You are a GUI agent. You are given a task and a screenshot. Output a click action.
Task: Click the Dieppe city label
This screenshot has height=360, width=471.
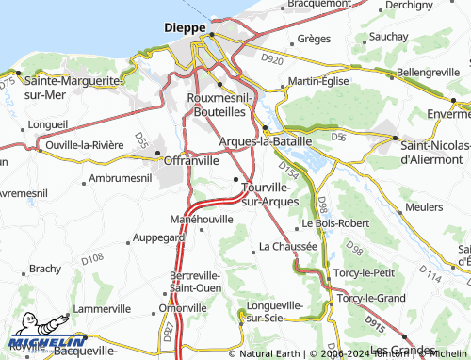(x=185, y=28)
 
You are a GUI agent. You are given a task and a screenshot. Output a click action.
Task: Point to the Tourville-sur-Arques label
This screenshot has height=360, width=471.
(x=270, y=193)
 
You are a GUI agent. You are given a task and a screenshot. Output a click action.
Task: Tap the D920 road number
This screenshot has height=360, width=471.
(x=271, y=59)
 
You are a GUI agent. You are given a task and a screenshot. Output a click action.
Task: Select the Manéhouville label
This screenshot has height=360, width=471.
(x=202, y=218)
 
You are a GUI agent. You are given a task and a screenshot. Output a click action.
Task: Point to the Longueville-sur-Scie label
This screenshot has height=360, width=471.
(x=274, y=311)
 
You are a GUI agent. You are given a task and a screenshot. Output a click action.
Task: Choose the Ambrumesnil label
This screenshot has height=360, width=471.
(x=120, y=178)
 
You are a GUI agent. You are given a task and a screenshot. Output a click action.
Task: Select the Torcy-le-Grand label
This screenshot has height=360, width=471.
(x=372, y=298)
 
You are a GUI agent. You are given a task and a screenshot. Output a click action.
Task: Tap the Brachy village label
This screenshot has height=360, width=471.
(x=44, y=269)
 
